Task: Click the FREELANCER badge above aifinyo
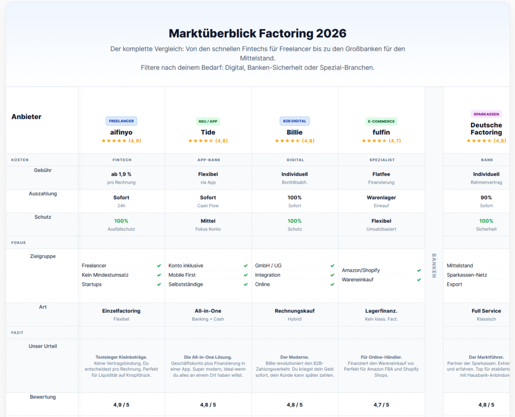[121, 121]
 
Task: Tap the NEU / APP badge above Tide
[208, 121]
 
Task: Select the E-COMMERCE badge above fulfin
[381, 121]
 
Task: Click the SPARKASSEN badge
[486, 114]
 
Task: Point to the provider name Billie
[295, 132]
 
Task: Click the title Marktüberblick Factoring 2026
[257, 34]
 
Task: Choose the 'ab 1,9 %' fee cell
[121, 174]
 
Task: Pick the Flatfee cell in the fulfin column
[381, 174]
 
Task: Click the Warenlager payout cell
[381, 198]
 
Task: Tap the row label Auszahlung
[43, 194]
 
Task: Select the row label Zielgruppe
[43, 256]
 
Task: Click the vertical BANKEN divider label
[434, 262]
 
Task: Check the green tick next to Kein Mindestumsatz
[159, 275]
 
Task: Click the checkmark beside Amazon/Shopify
[419, 270]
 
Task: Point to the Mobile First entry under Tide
[182, 275]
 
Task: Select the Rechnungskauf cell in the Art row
[295, 311]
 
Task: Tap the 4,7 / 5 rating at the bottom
[381, 404]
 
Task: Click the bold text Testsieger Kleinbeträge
[121, 357]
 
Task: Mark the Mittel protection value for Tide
[208, 221]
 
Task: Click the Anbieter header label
[26, 117]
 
